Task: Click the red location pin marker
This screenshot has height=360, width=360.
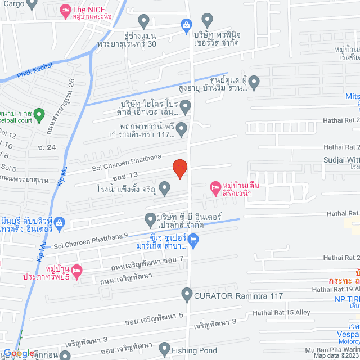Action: point(179,169)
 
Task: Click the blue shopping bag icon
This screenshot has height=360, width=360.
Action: point(185,24)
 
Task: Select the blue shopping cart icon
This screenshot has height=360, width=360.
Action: point(193,240)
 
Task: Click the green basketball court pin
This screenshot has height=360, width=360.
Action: point(39,115)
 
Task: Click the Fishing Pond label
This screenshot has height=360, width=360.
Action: point(195,350)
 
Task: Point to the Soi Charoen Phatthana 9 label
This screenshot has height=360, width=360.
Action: point(91,244)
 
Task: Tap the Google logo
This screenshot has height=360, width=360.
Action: point(18,353)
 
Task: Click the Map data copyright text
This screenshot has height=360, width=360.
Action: point(336,355)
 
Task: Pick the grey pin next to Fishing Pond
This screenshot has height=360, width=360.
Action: point(165,350)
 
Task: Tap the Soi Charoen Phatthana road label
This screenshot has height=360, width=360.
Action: point(127,161)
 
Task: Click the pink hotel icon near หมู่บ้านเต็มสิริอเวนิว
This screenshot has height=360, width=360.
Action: point(214,186)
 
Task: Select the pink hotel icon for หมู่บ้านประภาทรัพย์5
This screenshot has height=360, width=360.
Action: point(78,271)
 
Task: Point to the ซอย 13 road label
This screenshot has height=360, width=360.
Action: point(125,175)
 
